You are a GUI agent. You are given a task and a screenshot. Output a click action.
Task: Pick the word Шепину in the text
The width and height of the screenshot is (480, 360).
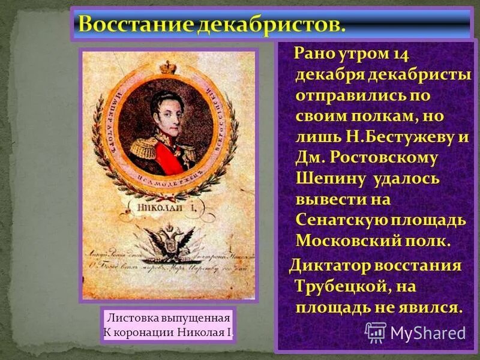click(331, 178)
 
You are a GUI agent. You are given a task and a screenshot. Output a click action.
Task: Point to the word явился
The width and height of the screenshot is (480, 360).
click(427, 307)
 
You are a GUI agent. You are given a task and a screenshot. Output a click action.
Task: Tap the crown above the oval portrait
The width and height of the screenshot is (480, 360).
click(167, 67)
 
